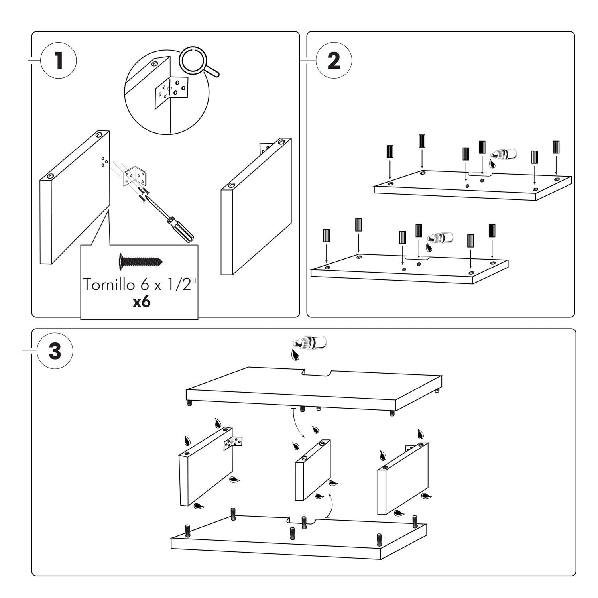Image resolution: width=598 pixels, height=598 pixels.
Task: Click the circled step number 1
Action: coord(59,61)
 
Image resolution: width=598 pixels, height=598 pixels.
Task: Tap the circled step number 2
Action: coord(334,61)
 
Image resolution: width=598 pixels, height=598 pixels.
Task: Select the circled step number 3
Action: coord(55,351)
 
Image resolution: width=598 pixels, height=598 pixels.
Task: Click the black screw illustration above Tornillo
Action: coord(141,262)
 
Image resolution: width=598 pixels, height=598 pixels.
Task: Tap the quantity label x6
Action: coord(142,302)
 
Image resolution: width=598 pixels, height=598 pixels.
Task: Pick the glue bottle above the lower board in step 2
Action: coord(440,238)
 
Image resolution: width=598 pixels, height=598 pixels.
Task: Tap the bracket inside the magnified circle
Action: coord(171,91)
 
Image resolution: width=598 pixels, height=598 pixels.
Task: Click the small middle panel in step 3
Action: coord(313,470)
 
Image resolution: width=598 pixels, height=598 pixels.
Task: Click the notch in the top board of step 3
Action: coord(317,374)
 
